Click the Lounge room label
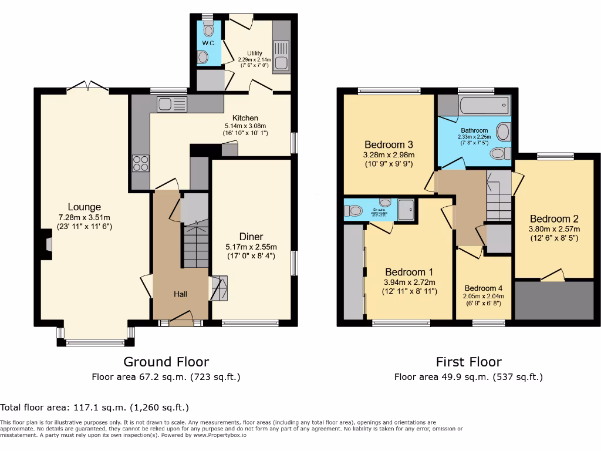[84, 207]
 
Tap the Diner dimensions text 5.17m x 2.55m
[251, 247]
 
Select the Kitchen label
[245, 118]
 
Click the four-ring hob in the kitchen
[140, 162]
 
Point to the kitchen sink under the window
[164, 105]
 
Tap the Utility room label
[254, 53]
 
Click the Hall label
[180, 294]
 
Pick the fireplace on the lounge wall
[46, 244]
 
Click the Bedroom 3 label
[389, 145]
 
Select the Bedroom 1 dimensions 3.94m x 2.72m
[409, 282]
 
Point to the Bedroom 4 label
[484, 288]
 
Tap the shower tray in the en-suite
[406, 209]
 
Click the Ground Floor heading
[166, 362]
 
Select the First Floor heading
[468, 362]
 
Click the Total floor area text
[94, 407]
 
